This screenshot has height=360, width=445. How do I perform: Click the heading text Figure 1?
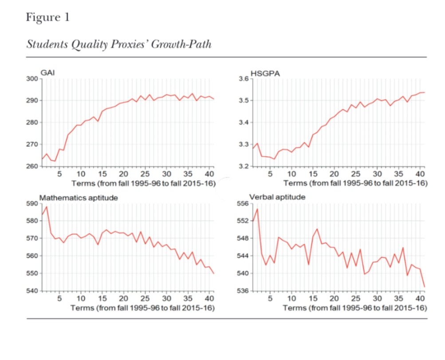point(47,17)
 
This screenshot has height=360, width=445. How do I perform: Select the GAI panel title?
point(47,73)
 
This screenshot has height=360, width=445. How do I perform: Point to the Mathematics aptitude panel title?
point(79,198)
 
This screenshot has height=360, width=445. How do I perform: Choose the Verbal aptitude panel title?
point(277,198)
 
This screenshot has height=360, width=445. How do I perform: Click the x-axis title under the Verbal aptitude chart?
point(355,308)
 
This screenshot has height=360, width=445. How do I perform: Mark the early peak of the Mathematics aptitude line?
point(46,206)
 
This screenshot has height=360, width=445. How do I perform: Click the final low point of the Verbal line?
point(424,287)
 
